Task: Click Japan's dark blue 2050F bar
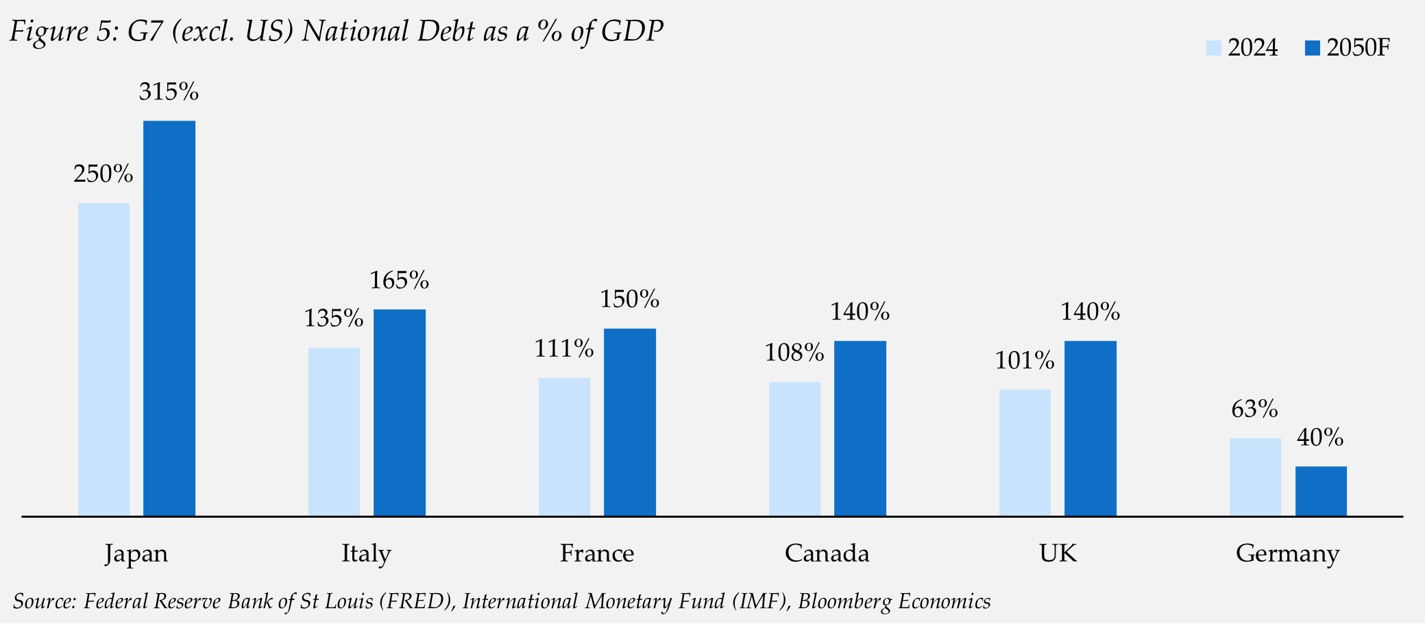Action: coord(169,318)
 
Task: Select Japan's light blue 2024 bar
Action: coord(103,359)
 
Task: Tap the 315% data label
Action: coord(169,92)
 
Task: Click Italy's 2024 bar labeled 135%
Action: coord(334,431)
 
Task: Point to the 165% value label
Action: coord(399,280)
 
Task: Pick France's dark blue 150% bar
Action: coord(629,422)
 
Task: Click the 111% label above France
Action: coord(563,349)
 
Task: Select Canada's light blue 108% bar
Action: coord(794,448)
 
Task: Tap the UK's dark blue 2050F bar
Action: coord(1090,428)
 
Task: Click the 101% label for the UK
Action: coord(1024,361)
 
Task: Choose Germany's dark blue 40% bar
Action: coord(1321,491)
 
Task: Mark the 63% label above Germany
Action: coord(1254,409)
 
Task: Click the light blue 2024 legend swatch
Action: coord(1214,48)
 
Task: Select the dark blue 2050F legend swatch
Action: coord(1312,48)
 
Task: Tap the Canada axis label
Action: coord(827,553)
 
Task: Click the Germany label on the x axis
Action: coord(1287,553)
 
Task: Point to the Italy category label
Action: coord(366,553)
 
